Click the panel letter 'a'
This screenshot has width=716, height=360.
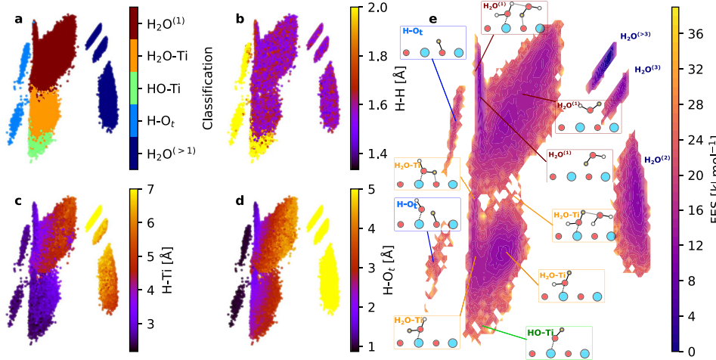click(18, 18)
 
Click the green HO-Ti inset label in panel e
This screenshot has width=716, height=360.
click(542, 333)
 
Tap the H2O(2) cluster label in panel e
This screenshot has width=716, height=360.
click(656, 160)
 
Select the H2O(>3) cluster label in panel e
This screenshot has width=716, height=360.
click(635, 35)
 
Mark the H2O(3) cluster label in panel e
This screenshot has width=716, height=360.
click(647, 69)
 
